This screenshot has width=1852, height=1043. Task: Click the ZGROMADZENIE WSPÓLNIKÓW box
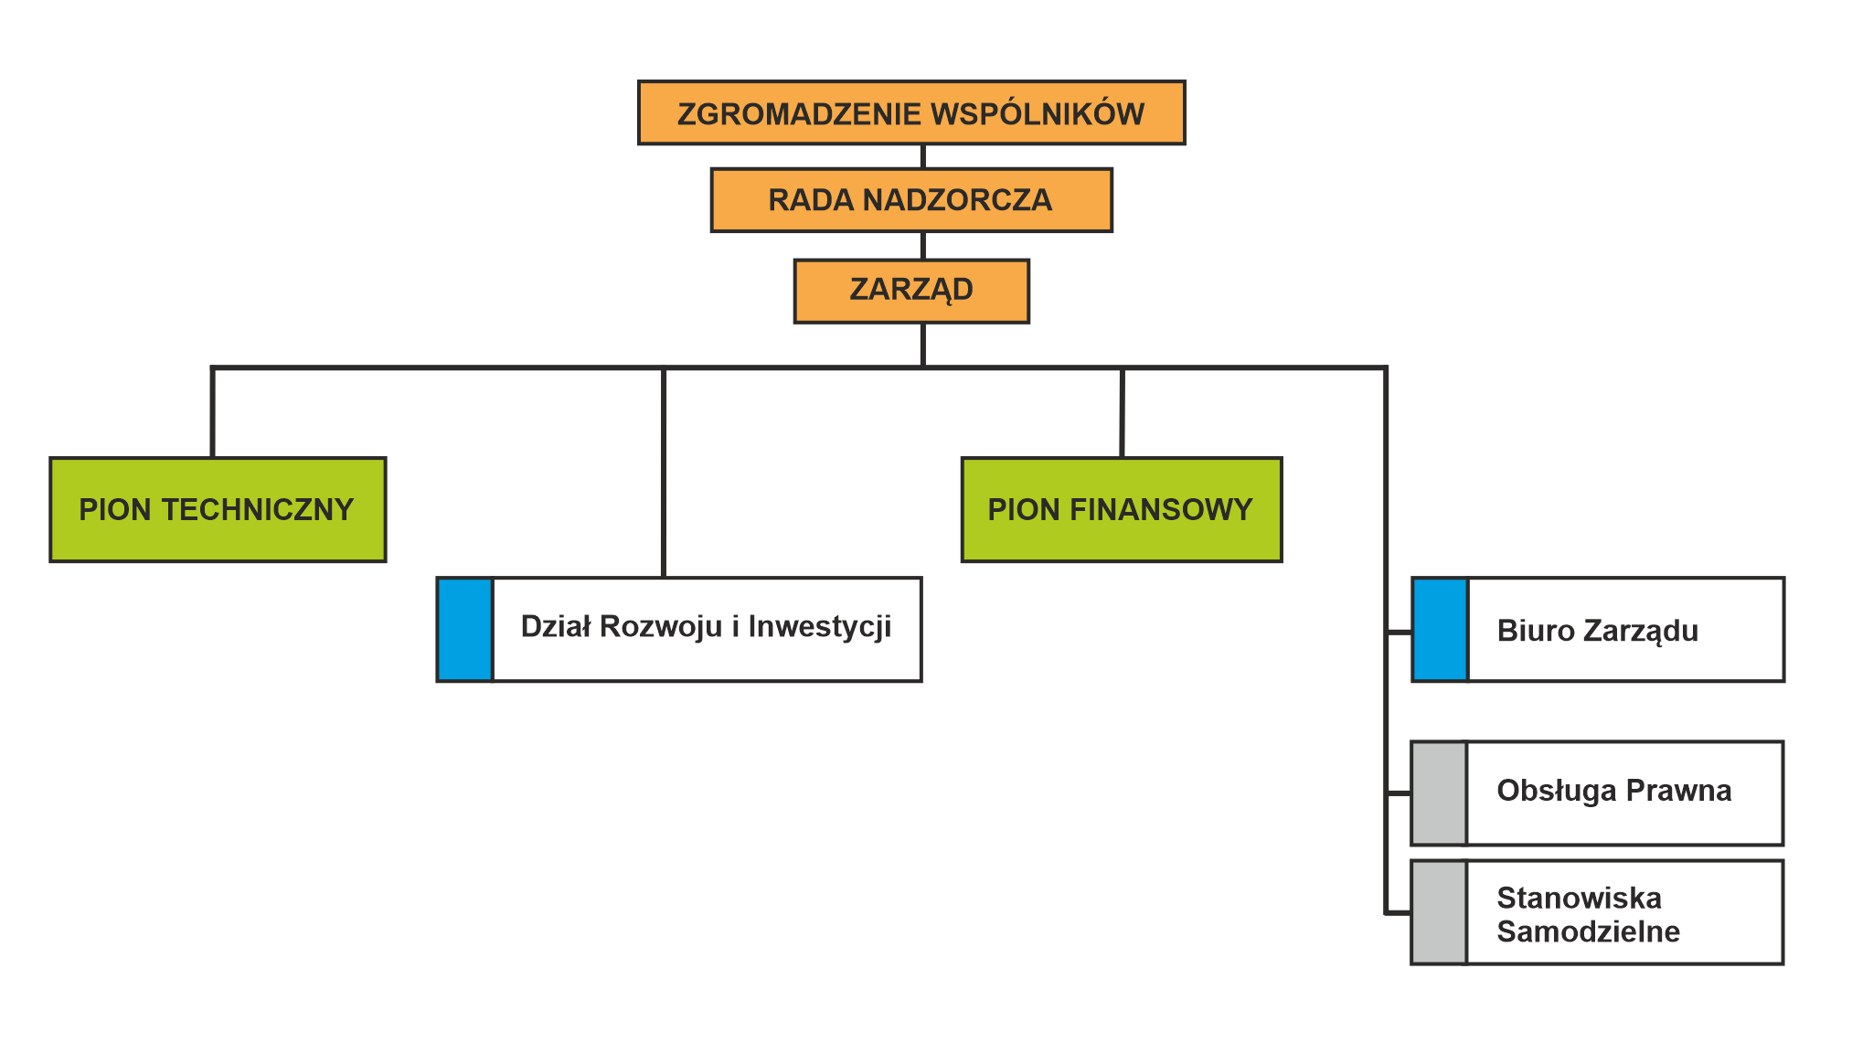click(910, 112)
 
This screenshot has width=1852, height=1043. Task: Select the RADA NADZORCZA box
click(910, 199)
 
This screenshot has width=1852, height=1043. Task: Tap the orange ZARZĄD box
click(910, 291)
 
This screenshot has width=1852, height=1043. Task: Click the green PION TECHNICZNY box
click(218, 509)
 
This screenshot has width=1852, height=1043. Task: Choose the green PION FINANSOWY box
click(1121, 509)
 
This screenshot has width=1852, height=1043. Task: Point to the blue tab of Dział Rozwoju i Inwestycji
click(465, 629)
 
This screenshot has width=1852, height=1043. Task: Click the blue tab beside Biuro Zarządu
click(1440, 629)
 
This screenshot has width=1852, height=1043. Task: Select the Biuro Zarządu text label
click(1597, 631)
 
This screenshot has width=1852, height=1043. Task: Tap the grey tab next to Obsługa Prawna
click(1439, 793)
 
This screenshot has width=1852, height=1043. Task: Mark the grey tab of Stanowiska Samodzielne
click(1439, 911)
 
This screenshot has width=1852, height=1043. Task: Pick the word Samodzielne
click(1588, 931)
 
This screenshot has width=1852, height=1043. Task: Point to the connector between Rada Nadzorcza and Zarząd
click(923, 246)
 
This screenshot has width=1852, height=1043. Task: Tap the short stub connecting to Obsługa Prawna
click(1400, 793)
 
